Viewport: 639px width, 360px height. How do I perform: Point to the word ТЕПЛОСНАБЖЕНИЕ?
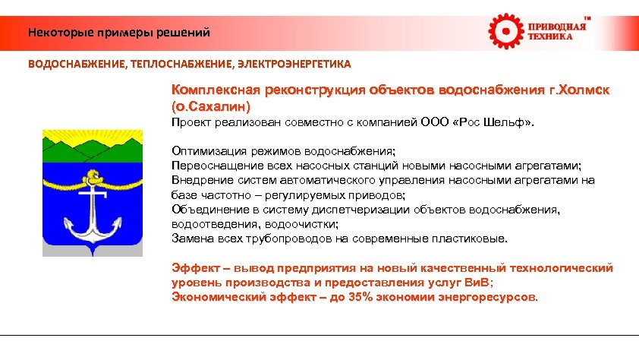(x=181, y=65)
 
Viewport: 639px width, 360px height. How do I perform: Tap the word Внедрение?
(x=200, y=180)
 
